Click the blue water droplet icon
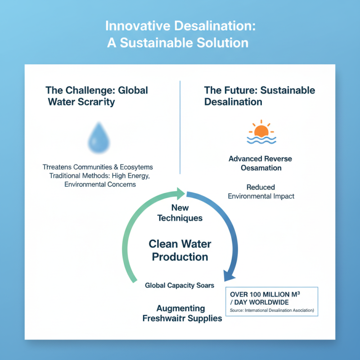coord(98,138)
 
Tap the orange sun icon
coord(261,130)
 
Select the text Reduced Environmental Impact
coord(261,192)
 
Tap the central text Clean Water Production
coord(180,251)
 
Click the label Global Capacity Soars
coord(180,285)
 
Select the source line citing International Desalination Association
coord(271,310)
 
